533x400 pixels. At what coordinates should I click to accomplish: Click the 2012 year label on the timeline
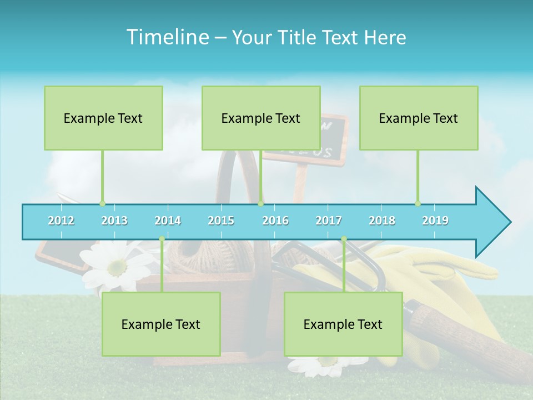coord(61,221)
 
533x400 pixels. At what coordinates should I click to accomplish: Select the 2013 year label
coord(114,221)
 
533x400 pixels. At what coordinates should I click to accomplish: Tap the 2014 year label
coord(168,221)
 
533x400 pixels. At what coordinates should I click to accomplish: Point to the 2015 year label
coord(221,221)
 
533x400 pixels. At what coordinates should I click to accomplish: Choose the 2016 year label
coord(275,221)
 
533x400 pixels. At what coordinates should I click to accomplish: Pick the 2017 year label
coord(329,221)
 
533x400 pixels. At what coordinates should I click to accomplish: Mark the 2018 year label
coord(382,221)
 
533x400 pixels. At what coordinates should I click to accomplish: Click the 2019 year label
coord(435,221)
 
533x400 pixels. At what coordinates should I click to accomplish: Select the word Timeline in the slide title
coord(166,37)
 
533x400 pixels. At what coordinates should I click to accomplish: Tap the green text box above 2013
coord(103,118)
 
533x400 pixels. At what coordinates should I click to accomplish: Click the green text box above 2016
coord(261,118)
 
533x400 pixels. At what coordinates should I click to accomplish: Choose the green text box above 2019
coord(419,118)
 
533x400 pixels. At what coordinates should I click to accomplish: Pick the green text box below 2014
coord(161,324)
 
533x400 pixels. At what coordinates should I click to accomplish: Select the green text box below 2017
coord(343,324)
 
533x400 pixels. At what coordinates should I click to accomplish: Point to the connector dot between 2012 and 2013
coord(102,203)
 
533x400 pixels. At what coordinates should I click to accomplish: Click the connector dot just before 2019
coord(418,203)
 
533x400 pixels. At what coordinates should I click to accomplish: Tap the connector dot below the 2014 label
coord(162,239)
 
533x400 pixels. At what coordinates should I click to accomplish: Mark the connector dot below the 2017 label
coord(344,239)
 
